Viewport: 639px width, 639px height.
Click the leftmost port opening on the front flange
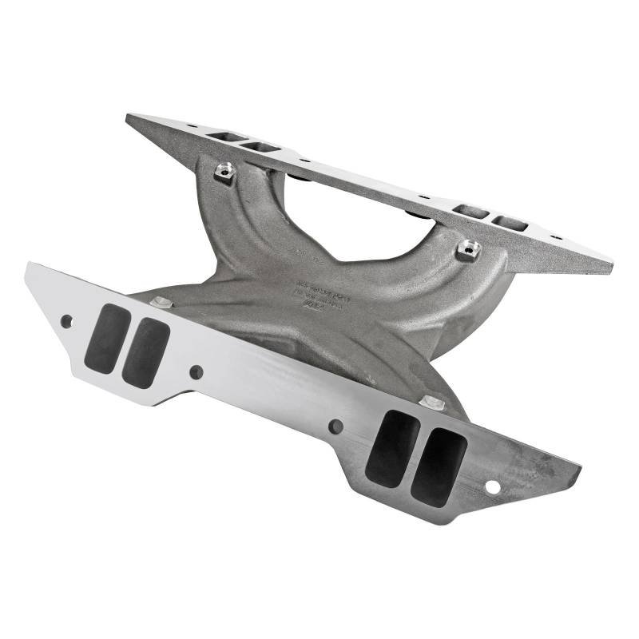coord(107,339)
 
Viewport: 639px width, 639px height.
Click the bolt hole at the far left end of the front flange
coord(66,321)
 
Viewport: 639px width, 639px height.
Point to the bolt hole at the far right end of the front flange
coord(493,486)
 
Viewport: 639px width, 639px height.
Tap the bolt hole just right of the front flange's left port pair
coord(196,371)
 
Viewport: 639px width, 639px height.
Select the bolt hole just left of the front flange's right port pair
coord(336,427)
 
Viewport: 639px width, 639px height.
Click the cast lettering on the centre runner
coord(319,292)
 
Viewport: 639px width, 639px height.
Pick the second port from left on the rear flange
coord(261,147)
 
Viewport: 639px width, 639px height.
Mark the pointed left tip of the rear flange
coord(129,117)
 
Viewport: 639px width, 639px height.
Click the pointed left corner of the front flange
coord(30,265)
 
